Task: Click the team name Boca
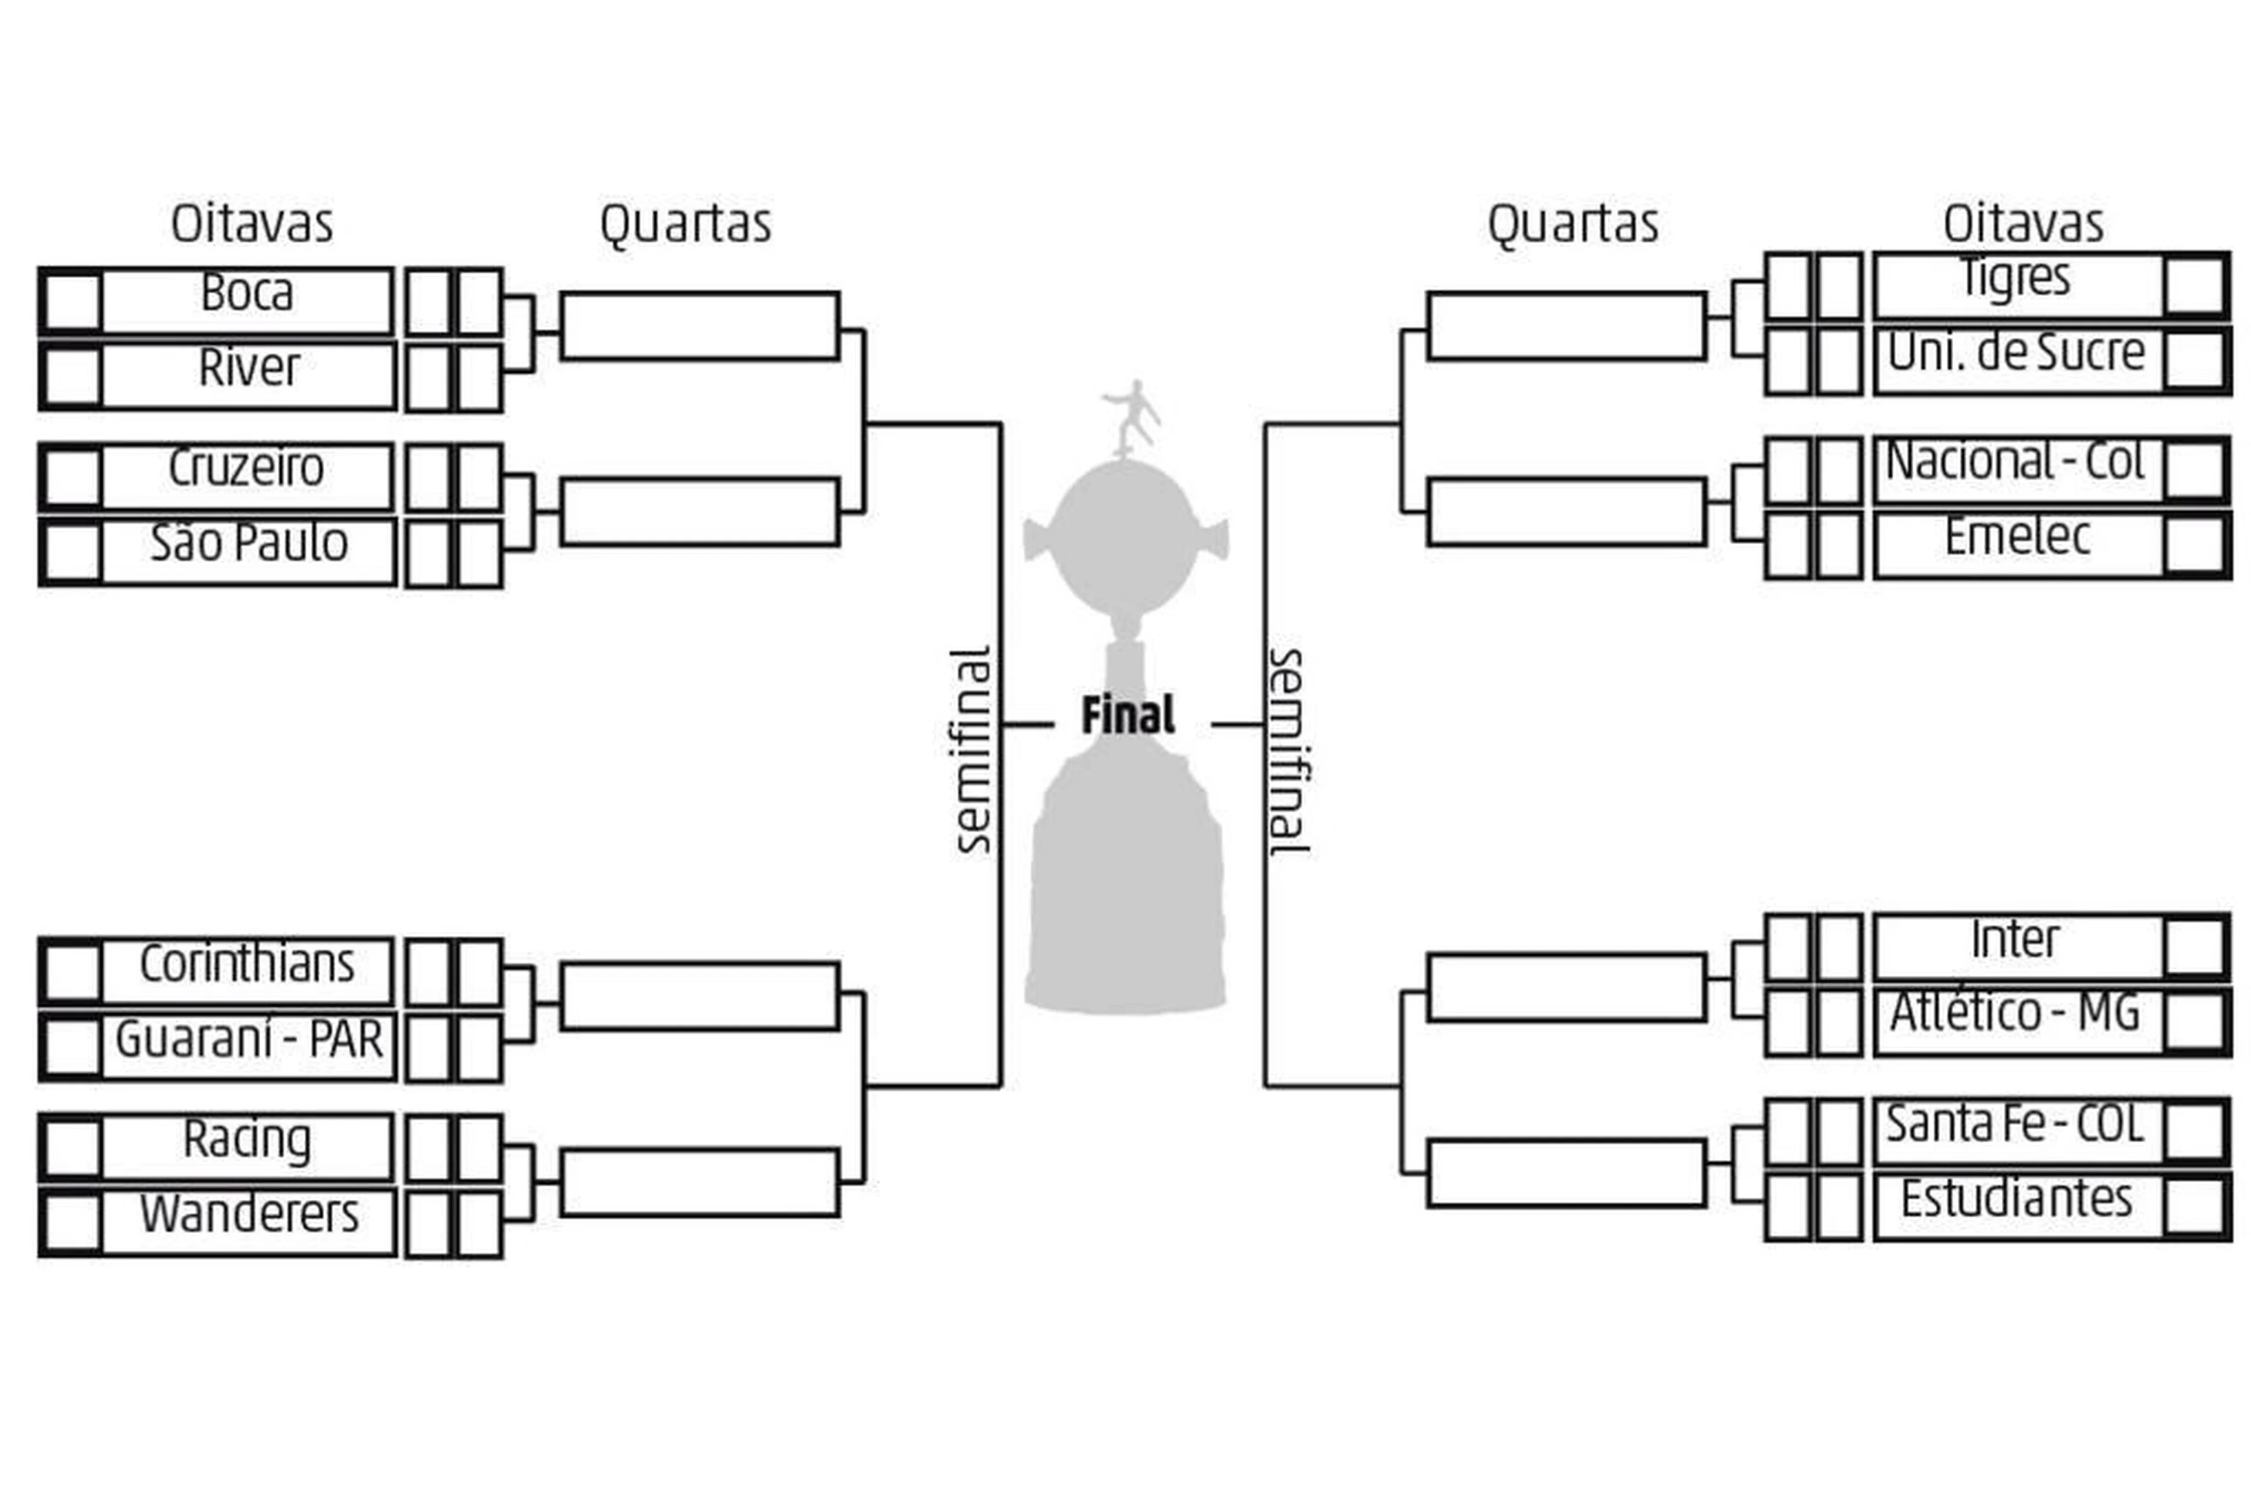click(247, 292)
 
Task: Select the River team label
click(249, 367)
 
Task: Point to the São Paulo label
click(249, 542)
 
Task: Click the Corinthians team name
click(247, 963)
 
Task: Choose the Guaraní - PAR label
click(249, 1039)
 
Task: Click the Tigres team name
click(2015, 277)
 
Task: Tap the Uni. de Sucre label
click(2016, 352)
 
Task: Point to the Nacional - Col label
click(2015, 461)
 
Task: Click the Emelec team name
click(2017, 536)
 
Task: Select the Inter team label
click(2015, 939)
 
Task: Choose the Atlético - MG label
click(2015, 1013)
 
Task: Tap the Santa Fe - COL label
click(2015, 1124)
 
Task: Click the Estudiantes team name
click(2017, 1199)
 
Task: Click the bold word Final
click(1127, 715)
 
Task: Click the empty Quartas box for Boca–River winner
click(700, 326)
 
